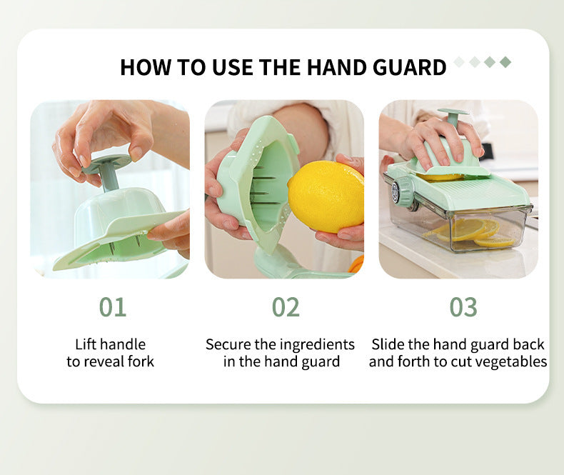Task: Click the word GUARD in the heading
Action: coord(409,67)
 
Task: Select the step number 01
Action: coord(113,307)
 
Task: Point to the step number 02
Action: coord(286,307)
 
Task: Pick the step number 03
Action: coord(463,307)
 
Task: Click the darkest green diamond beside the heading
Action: coord(505,62)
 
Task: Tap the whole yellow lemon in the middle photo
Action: coord(326,196)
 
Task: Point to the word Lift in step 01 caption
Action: coord(85,344)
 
